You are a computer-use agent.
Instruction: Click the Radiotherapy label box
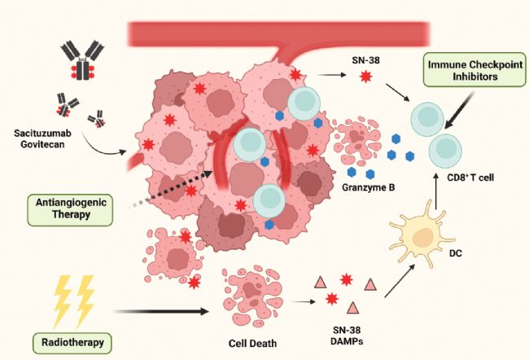tap(72, 343)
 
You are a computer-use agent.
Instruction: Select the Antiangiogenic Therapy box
tap(70, 209)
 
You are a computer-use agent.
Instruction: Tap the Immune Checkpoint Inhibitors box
tap(474, 70)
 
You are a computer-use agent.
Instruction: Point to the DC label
tap(456, 252)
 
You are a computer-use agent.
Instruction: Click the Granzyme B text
tap(368, 187)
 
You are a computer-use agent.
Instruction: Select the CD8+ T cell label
tap(470, 178)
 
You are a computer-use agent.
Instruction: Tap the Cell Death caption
tap(252, 344)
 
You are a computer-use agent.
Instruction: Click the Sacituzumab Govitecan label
tap(42, 138)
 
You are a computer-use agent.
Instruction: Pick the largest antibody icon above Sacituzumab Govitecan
tap(81, 60)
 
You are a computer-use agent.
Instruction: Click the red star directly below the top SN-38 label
tap(365, 77)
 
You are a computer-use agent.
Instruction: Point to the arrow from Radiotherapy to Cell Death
tap(162, 311)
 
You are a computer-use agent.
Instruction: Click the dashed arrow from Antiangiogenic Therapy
tap(170, 190)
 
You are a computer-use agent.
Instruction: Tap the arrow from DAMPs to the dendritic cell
tap(400, 281)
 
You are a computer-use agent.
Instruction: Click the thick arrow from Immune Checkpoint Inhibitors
tap(459, 111)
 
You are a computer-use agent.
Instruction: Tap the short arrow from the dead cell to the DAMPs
tap(304, 301)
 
